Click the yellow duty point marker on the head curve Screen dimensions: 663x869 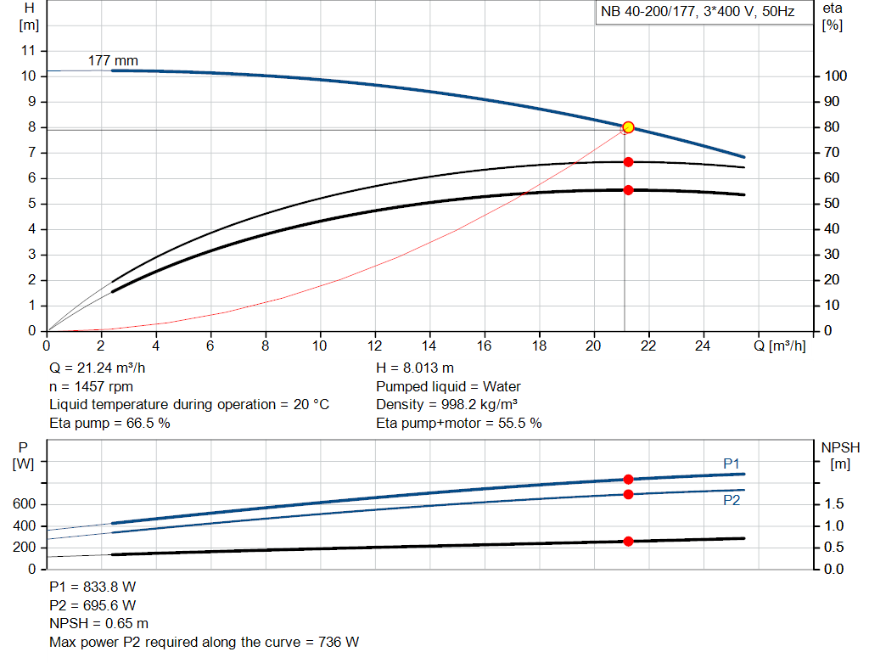click(628, 127)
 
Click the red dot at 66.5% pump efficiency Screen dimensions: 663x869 click(628, 162)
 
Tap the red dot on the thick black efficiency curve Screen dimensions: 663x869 click(628, 190)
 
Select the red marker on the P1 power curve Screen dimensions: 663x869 click(628, 480)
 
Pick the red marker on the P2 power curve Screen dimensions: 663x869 click(628, 494)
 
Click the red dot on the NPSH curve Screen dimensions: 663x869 click(628, 542)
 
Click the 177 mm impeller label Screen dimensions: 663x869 click(113, 61)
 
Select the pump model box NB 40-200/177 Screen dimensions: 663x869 click(698, 13)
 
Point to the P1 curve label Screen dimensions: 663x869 click(732, 464)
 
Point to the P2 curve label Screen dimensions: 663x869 click(732, 501)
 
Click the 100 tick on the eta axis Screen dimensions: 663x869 click(834, 76)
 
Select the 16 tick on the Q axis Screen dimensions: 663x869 click(484, 346)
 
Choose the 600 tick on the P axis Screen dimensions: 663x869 click(25, 505)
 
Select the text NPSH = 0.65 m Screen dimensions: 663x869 click(99, 624)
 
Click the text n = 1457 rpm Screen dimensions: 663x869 click(92, 387)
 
